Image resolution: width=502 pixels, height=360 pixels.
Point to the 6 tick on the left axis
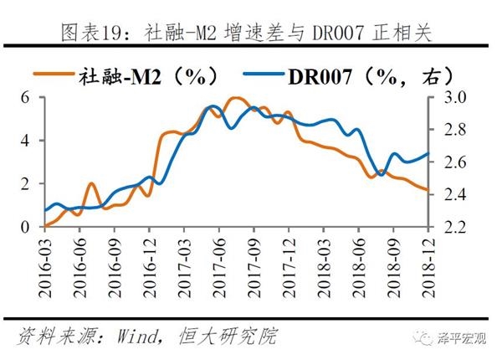click(25, 97)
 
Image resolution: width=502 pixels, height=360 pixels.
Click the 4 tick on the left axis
click(25, 140)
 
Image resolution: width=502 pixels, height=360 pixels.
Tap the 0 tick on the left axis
click(25, 226)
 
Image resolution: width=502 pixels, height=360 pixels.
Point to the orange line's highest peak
click(236, 98)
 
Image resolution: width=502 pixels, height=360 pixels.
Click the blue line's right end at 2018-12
click(428, 153)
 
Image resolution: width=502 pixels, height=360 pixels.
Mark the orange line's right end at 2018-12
click(428, 192)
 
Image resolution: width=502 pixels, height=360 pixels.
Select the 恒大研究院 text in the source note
click(226, 337)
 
